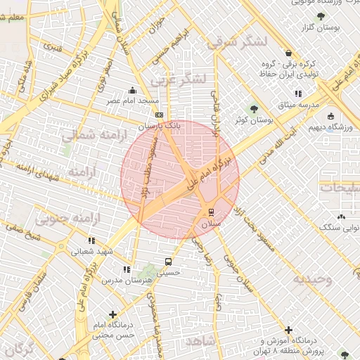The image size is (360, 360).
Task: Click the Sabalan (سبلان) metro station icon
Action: [x=212, y=212]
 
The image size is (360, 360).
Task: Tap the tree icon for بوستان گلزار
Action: [x=321, y=16]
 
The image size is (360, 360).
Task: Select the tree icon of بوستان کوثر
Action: [x=255, y=108]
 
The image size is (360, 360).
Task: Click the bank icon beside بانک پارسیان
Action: [x=159, y=115]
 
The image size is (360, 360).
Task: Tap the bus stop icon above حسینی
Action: [x=167, y=262]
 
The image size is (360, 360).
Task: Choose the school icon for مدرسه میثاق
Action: [x=298, y=93]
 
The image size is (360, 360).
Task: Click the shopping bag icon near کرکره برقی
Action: [x=288, y=53]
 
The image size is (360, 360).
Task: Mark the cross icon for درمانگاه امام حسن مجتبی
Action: [x=112, y=314]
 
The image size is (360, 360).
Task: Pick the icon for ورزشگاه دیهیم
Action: [x=330, y=117]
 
